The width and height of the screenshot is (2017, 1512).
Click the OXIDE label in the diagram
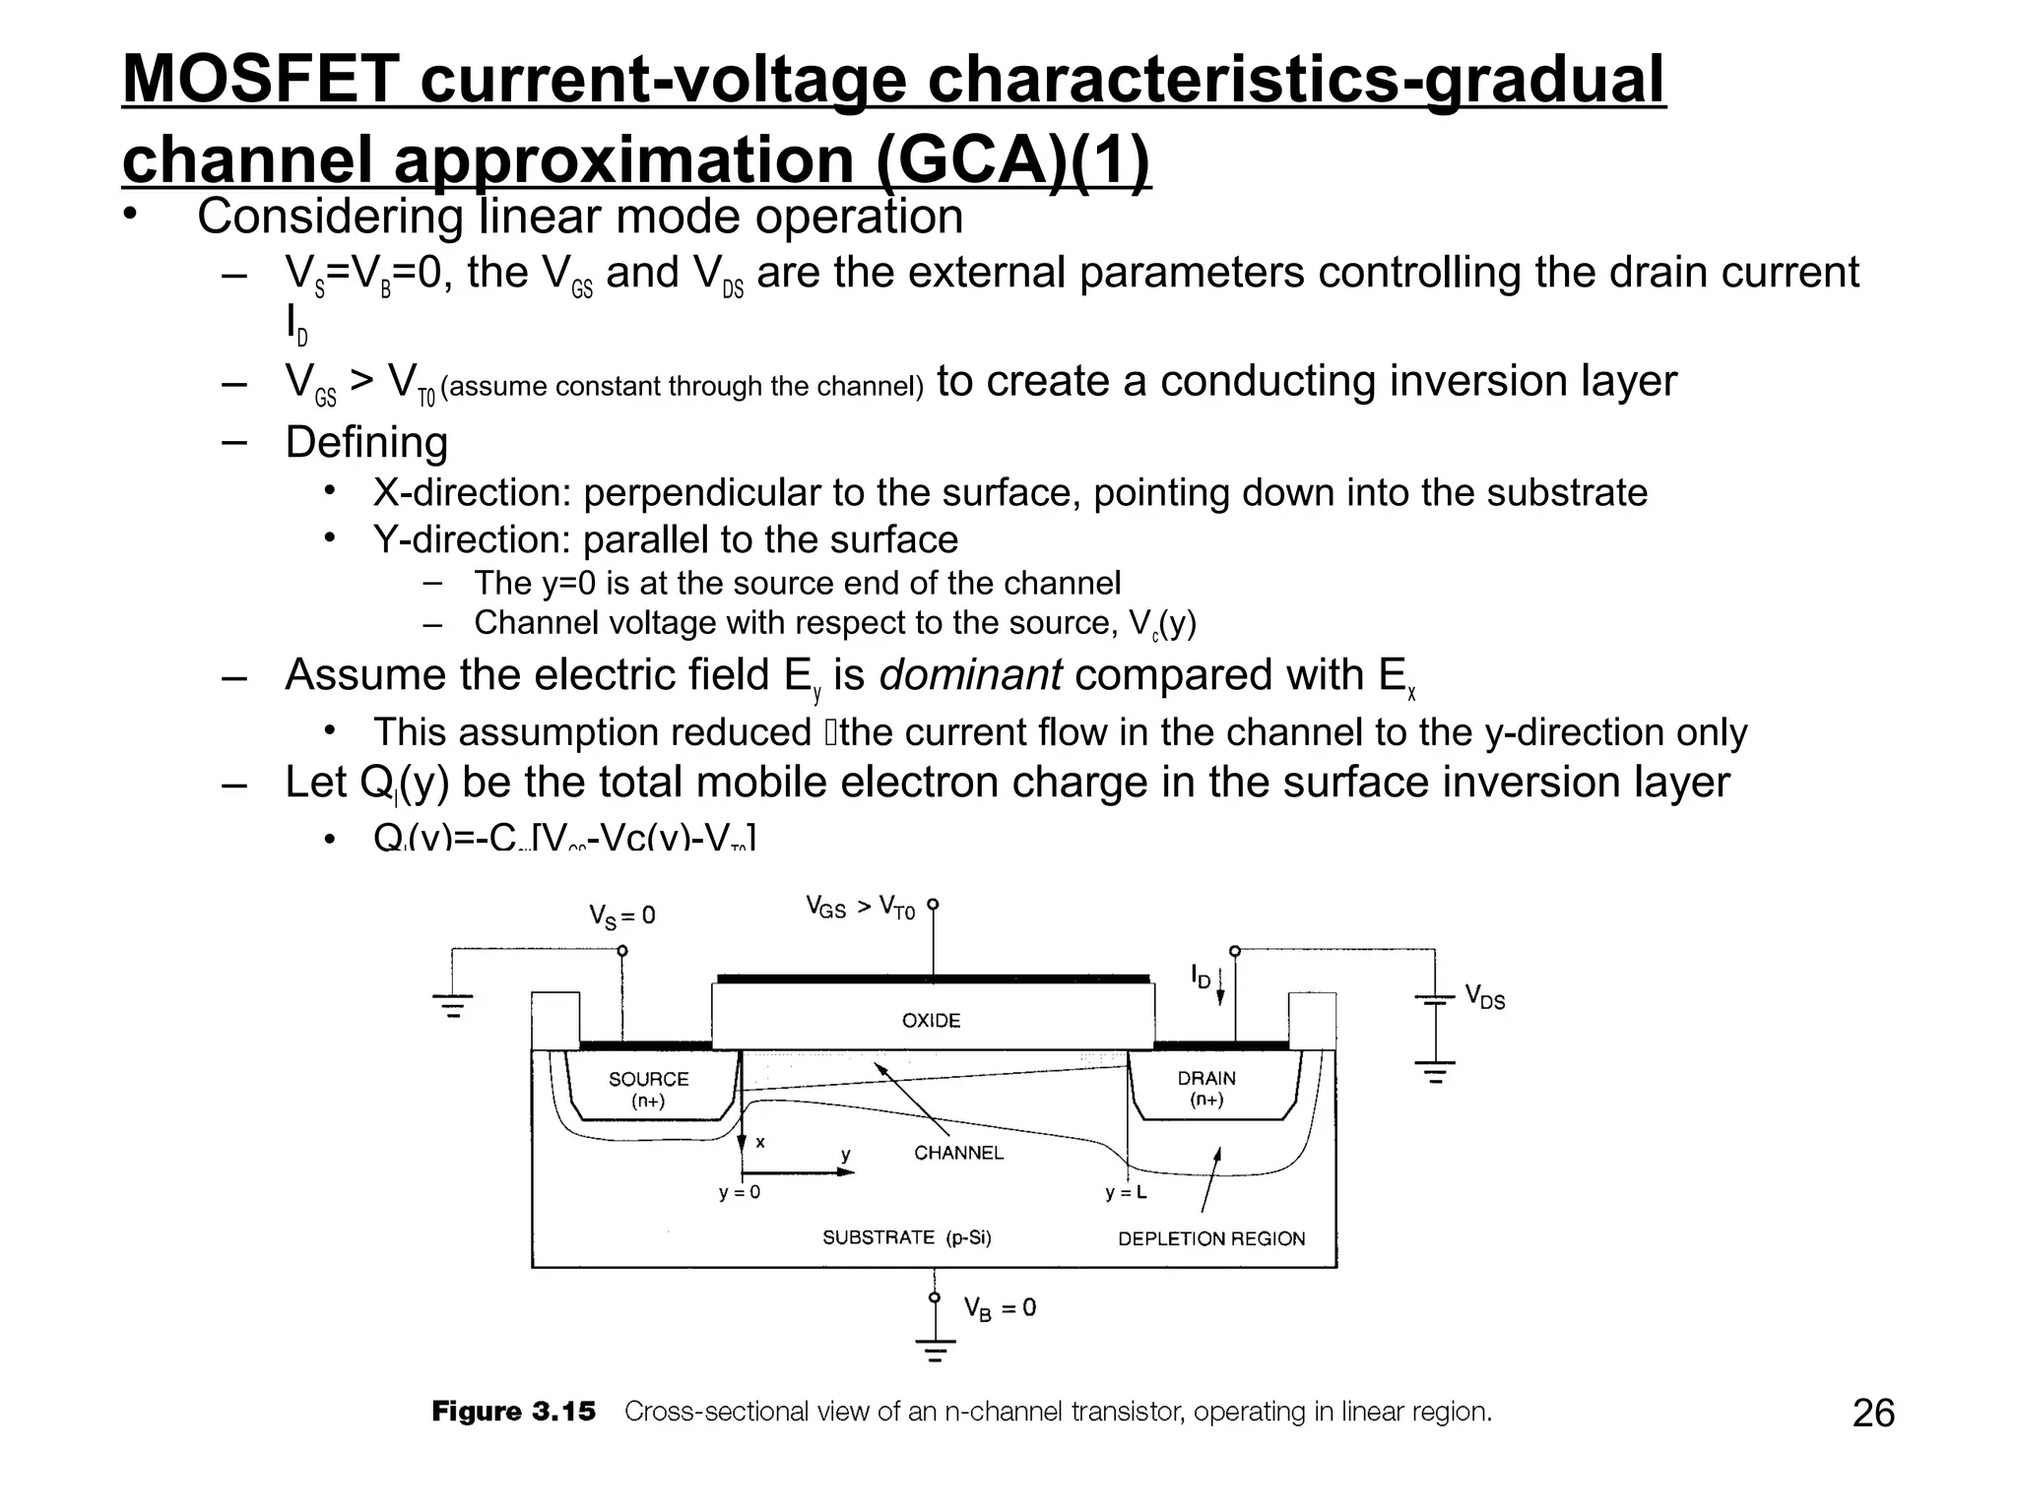point(931,1021)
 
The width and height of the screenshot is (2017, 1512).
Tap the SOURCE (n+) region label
point(648,1089)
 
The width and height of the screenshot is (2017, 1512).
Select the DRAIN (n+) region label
point(1206,1088)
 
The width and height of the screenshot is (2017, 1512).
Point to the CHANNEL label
point(958,1153)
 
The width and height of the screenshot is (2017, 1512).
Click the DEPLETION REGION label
point(1211,1238)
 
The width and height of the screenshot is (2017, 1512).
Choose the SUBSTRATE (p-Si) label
point(907,1237)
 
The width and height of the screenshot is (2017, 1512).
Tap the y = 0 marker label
point(740,1193)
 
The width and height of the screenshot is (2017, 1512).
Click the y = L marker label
point(1126,1193)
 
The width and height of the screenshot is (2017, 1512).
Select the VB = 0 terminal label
point(1000,1308)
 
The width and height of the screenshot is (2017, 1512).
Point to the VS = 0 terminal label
point(622,916)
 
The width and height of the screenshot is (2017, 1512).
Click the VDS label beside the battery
point(1485,997)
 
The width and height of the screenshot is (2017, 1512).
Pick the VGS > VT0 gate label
point(860,907)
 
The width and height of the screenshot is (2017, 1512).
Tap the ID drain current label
point(1201,976)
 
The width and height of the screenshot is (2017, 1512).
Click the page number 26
point(1873,1414)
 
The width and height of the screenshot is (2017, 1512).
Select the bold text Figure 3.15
point(513,1412)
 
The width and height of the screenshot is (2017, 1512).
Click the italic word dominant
point(969,675)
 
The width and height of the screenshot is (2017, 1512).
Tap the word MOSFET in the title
point(261,79)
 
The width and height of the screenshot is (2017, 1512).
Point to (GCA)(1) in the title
point(1012,159)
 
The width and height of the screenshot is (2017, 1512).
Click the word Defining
point(366,442)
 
